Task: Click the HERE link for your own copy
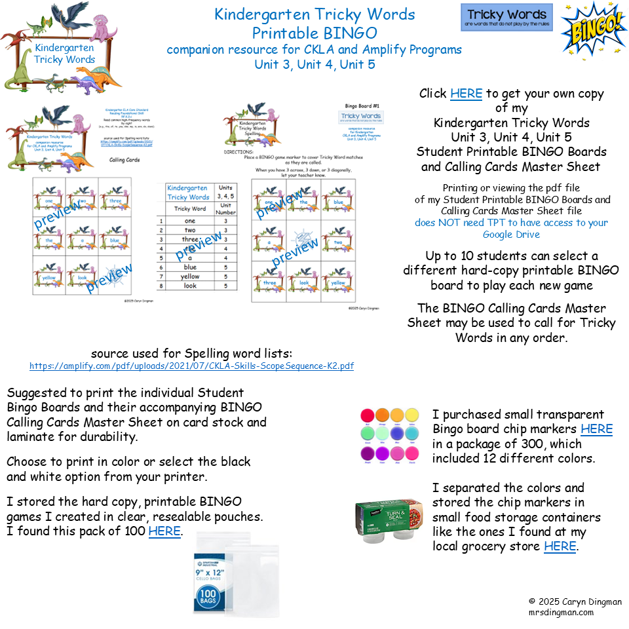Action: pos(466,94)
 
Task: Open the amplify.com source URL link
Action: pos(192,366)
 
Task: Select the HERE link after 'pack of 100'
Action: pos(164,531)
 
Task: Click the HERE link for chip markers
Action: pos(596,429)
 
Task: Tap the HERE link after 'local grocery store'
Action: pos(560,546)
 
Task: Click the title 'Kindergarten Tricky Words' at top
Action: pos(314,14)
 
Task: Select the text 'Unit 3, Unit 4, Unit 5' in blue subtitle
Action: pos(314,64)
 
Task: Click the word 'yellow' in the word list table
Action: pos(190,276)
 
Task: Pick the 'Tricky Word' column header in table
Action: pos(190,208)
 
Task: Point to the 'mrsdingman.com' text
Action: pos(561,612)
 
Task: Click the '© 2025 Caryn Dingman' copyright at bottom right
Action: pos(575,601)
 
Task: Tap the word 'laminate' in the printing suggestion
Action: pos(30,437)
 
